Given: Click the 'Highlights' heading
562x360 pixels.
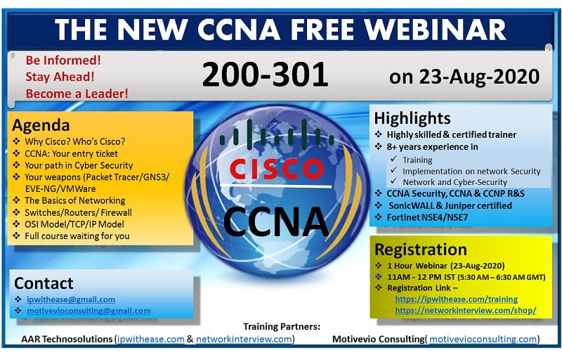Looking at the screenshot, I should [x=412, y=117].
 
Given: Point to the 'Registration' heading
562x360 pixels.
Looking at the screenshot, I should [x=420, y=250].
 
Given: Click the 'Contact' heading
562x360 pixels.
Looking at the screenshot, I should [x=44, y=283].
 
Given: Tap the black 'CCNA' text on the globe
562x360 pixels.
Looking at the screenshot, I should [x=276, y=220].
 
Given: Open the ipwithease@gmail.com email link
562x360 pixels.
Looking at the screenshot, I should [x=71, y=299].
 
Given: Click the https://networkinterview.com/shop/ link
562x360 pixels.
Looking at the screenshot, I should [x=465, y=309].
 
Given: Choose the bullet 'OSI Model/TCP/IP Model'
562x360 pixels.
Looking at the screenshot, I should [x=70, y=224].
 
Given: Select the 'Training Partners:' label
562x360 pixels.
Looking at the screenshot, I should [x=282, y=326].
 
